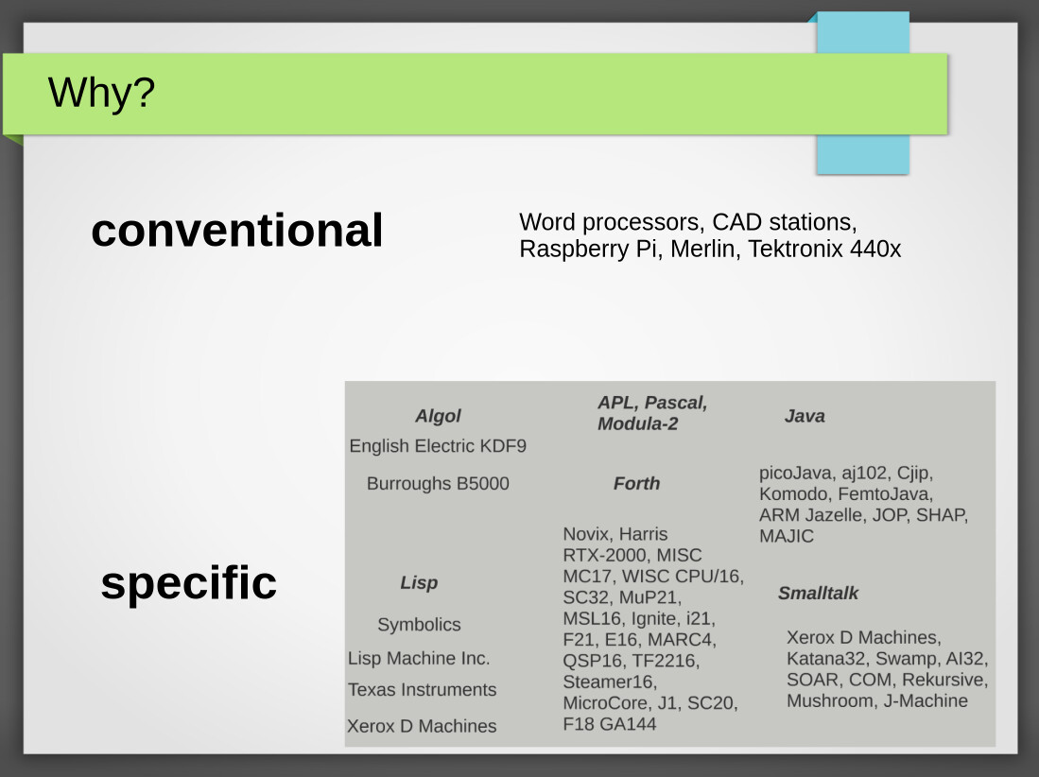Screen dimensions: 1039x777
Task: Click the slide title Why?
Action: (101, 92)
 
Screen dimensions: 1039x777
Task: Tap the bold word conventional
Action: (237, 230)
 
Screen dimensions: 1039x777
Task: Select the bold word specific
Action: (189, 583)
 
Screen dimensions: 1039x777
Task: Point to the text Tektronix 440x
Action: (824, 249)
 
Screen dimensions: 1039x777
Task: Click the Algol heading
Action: (438, 416)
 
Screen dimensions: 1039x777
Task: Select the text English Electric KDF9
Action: (438, 446)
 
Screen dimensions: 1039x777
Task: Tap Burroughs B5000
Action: (438, 484)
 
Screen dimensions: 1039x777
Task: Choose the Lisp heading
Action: (419, 583)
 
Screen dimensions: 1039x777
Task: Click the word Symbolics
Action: (420, 625)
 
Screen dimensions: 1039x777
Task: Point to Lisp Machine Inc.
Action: (419, 659)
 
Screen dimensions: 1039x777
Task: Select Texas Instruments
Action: (422, 689)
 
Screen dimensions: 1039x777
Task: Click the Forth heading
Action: (637, 484)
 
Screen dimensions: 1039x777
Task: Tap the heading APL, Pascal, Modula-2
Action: (652, 413)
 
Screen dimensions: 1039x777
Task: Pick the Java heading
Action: (805, 416)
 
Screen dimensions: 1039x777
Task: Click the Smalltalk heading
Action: (819, 593)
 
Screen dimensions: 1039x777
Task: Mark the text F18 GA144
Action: (610, 724)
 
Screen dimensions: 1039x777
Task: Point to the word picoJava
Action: (795, 473)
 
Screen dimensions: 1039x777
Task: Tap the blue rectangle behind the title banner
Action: (863, 154)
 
